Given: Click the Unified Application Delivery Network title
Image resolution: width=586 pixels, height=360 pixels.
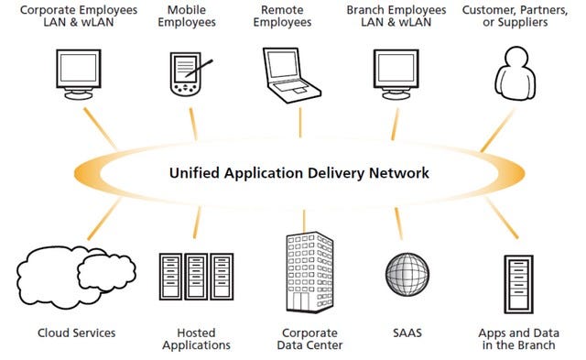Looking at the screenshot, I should (298, 172).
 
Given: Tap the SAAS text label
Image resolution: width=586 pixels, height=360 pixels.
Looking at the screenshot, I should (407, 332).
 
